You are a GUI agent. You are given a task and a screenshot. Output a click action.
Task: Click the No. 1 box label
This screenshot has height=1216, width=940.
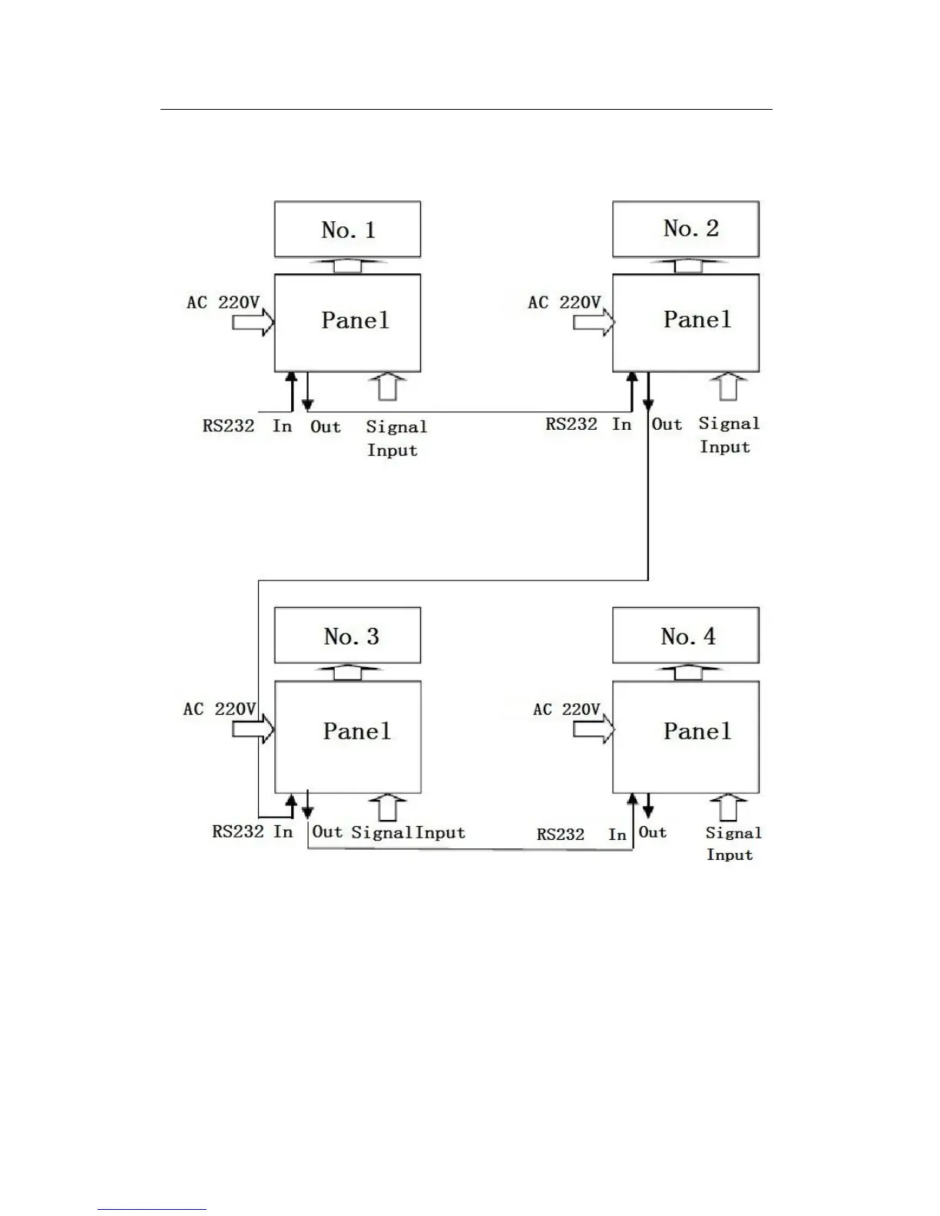click(x=348, y=230)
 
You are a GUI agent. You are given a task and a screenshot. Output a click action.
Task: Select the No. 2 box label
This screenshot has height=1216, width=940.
click(x=690, y=228)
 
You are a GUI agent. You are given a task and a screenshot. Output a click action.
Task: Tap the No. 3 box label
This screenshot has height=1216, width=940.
click(x=351, y=636)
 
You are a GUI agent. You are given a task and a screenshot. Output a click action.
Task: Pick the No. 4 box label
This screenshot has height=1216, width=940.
click(x=688, y=636)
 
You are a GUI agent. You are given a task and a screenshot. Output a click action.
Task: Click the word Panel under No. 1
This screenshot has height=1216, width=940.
click(x=355, y=319)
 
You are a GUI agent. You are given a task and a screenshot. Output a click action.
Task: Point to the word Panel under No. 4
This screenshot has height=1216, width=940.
click(x=697, y=731)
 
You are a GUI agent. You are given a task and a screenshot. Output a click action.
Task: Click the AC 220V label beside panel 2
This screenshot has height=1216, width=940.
click(x=564, y=302)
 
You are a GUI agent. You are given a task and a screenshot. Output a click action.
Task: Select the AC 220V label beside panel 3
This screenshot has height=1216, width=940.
click(x=220, y=709)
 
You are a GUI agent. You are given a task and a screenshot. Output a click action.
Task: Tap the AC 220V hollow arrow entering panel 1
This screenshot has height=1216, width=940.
click(x=253, y=322)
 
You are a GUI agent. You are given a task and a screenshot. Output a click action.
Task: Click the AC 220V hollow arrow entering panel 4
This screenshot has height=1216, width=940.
click(x=594, y=729)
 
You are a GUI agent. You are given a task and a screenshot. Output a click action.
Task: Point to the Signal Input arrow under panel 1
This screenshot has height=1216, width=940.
click(x=389, y=386)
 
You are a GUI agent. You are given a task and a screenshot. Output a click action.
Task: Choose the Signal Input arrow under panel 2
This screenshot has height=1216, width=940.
click(x=728, y=386)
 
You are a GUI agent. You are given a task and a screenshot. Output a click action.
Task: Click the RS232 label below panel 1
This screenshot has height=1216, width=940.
click(x=228, y=426)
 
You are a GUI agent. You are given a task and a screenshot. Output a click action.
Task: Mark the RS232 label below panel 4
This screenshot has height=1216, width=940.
click(x=561, y=834)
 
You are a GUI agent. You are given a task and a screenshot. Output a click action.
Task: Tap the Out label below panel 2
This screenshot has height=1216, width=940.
click(x=667, y=424)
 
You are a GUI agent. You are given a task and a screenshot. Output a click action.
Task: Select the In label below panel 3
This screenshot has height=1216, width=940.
click(x=283, y=831)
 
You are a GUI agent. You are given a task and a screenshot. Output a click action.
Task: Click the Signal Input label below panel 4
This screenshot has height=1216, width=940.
click(x=733, y=844)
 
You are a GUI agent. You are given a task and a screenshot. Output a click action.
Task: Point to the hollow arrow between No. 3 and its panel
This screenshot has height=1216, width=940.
click(x=348, y=672)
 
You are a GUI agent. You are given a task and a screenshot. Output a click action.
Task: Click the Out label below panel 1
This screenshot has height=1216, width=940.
click(x=326, y=427)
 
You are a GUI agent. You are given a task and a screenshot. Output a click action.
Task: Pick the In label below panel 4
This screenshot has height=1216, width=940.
click(x=617, y=834)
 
